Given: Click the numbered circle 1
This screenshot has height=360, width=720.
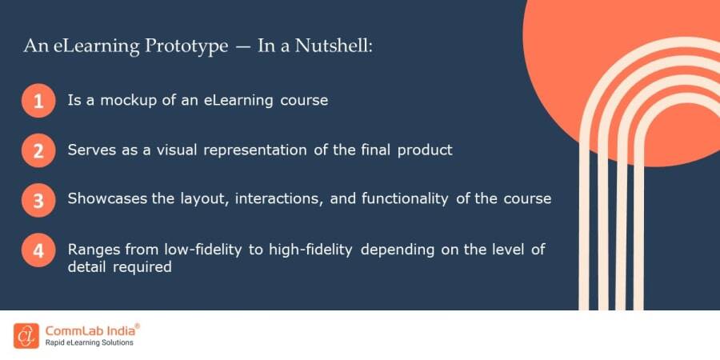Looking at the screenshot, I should point(38,102).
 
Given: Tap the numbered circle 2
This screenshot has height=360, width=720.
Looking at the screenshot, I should point(38,150).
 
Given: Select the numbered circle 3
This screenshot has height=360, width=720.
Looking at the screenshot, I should point(38,199).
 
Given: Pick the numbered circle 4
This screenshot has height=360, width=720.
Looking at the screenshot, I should point(38,250).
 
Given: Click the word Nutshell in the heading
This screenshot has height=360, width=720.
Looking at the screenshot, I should point(337,46).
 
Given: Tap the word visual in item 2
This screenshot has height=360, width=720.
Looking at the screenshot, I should point(188,150).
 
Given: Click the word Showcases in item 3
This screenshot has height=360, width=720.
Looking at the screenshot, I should point(108,198).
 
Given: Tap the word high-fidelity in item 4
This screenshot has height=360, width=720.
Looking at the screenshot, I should point(318,250).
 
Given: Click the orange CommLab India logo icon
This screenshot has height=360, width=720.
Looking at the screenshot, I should point(26,335).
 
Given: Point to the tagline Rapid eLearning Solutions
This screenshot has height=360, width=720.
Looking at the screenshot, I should point(89,343).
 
